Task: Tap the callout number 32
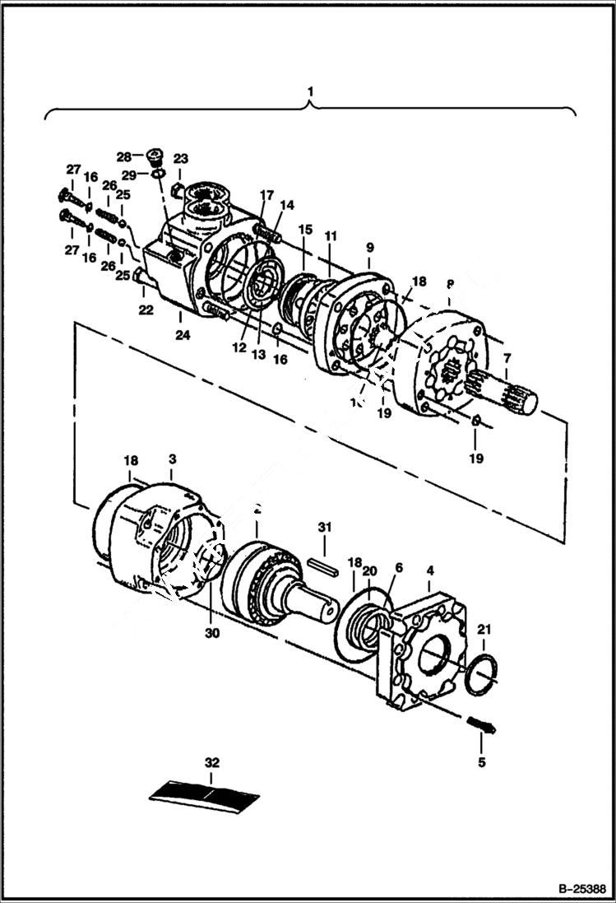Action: (212, 763)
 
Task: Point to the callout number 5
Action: (481, 762)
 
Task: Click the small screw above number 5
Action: (481, 725)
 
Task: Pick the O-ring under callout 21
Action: (479, 673)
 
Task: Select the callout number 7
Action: (507, 359)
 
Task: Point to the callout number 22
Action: (145, 309)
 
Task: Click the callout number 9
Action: (369, 247)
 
